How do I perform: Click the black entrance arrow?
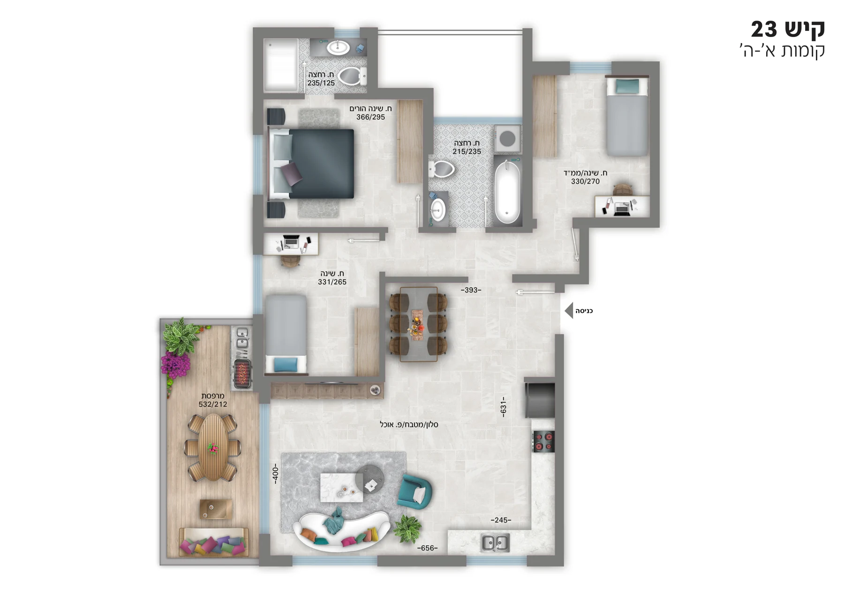click(569, 311)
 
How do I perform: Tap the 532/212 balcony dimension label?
click(213, 404)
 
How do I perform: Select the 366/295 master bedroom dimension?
click(370, 117)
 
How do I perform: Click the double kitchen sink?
click(496, 543)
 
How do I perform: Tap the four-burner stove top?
click(543, 441)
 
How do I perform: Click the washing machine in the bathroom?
click(507, 138)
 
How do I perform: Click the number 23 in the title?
click(764, 30)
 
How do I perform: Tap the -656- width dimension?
click(427, 548)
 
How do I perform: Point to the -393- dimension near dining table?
click(471, 290)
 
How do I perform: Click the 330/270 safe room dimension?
click(585, 181)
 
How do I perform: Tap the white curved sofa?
click(341, 530)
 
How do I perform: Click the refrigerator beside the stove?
click(540, 400)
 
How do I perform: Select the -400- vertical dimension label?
click(276, 474)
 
